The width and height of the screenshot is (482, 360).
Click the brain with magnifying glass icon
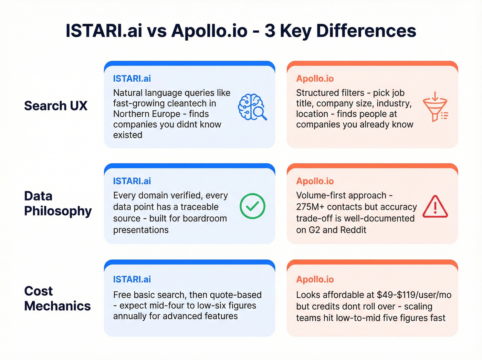pyautogui.click(x=252, y=107)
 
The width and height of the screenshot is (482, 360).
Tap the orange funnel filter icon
pyautogui.click(x=435, y=107)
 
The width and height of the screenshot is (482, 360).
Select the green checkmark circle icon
pyautogui.click(x=252, y=206)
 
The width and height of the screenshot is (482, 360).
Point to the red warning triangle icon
pyautogui.click(x=435, y=207)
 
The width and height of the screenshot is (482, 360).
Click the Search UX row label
pyautogui.click(x=56, y=106)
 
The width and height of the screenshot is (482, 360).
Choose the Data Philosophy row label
pyautogui.click(x=58, y=203)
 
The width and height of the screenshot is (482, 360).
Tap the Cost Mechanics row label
pyautogui.click(x=57, y=298)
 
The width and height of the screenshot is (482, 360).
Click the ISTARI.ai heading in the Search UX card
pyautogui.click(x=132, y=79)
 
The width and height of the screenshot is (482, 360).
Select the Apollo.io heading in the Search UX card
pyautogui.click(x=315, y=79)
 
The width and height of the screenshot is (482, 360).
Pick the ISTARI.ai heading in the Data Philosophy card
pyautogui.click(x=132, y=181)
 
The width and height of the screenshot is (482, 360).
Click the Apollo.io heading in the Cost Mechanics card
pyautogui.click(x=315, y=279)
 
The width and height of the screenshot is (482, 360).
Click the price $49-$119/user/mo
pyautogui.click(x=414, y=295)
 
